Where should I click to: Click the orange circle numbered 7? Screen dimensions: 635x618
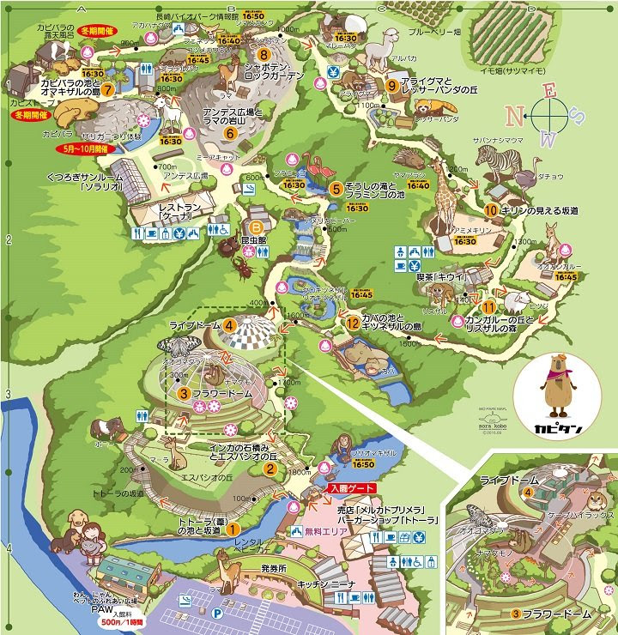tap(108, 89)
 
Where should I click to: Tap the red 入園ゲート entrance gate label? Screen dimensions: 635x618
tap(350, 488)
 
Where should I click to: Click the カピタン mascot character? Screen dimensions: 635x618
tap(560, 386)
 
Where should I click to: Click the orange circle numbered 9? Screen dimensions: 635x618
tap(391, 85)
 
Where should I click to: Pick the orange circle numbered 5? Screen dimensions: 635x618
tap(336, 188)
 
